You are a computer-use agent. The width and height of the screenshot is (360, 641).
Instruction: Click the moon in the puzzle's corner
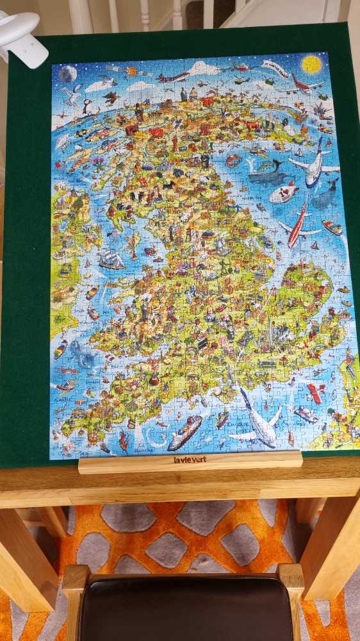point(67,74)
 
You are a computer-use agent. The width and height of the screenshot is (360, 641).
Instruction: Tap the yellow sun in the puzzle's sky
point(311,64)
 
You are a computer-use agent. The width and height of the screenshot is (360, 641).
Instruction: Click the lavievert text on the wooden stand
point(190,459)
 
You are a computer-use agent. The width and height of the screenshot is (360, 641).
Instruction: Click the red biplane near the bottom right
point(316,392)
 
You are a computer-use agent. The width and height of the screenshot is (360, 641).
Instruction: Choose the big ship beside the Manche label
point(184,433)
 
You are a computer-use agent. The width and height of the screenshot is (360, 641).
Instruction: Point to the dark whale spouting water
point(269,173)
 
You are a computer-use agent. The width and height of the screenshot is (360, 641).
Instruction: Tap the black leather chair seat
point(186,609)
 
